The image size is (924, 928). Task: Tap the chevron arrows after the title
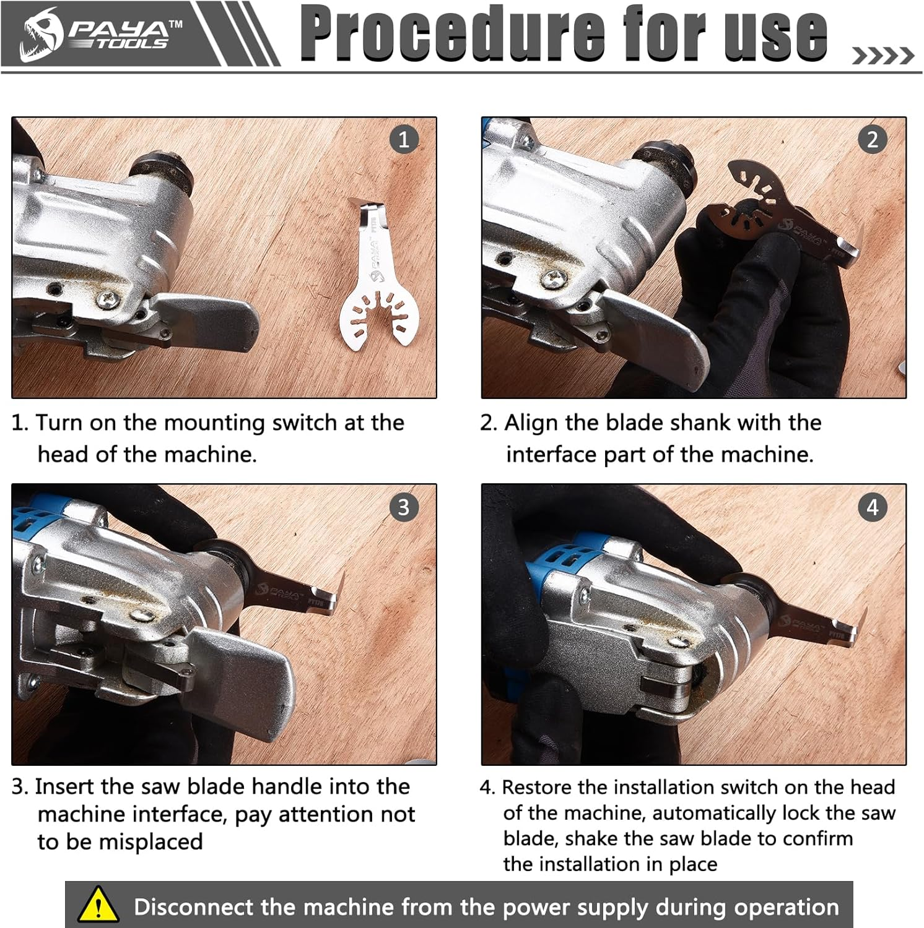883,56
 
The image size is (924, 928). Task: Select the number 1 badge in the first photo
404,139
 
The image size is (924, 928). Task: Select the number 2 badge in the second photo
873,139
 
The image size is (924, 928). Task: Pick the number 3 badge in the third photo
404,507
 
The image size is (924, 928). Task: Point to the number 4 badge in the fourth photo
873,507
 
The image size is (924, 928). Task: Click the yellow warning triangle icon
98,905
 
